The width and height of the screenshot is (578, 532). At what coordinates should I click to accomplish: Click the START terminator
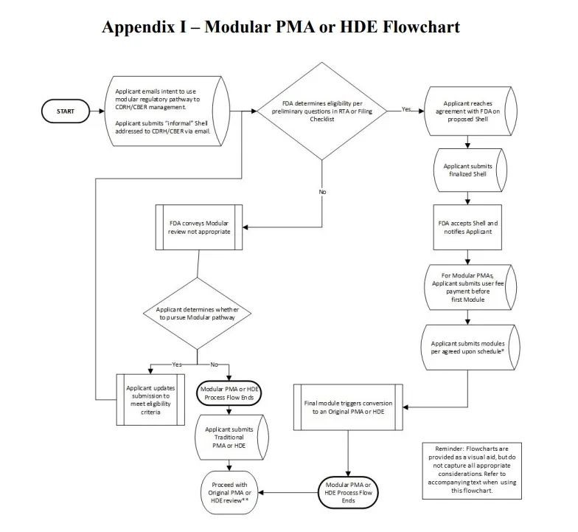coord(66,111)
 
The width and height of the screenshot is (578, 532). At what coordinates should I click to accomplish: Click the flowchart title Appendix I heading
coord(281,27)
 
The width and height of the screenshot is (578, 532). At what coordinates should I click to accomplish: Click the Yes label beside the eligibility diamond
coord(406,109)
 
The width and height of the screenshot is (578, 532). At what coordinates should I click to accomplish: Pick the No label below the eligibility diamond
coord(322,192)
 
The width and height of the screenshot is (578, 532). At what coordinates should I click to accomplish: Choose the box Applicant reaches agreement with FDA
coord(468,111)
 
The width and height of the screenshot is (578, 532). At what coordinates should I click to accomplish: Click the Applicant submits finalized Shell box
coord(468,170)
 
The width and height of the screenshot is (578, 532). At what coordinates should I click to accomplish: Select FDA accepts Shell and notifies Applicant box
coord(468,227)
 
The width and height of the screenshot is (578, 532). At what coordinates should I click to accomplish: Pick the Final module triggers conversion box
coord(348,407)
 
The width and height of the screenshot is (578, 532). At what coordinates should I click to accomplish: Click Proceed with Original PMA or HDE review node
coord(229,491)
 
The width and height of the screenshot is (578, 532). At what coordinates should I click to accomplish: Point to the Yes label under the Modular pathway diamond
coord(177,365)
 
